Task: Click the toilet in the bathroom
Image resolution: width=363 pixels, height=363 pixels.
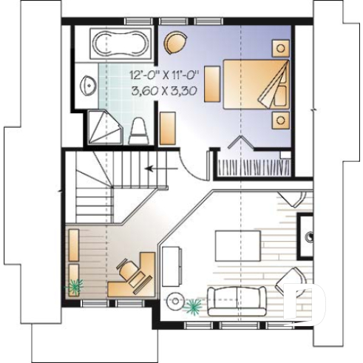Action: click(138, 131)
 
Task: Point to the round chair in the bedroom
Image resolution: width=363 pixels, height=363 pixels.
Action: click(175, 44)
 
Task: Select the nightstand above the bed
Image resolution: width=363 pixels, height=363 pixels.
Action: click(280, 48)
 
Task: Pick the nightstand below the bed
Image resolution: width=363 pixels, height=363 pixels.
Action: click(280, 118)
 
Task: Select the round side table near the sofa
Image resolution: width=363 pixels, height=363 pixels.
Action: click(175, 300)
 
